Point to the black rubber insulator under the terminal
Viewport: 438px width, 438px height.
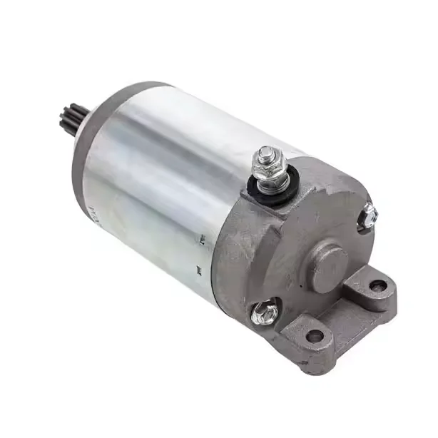(x=265, y=193)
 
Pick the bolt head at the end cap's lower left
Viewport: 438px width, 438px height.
(x=265, y=312)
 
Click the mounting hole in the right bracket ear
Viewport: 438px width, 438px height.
(x=378, y=286)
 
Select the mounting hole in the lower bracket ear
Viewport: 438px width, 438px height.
(x=315, y=335)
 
